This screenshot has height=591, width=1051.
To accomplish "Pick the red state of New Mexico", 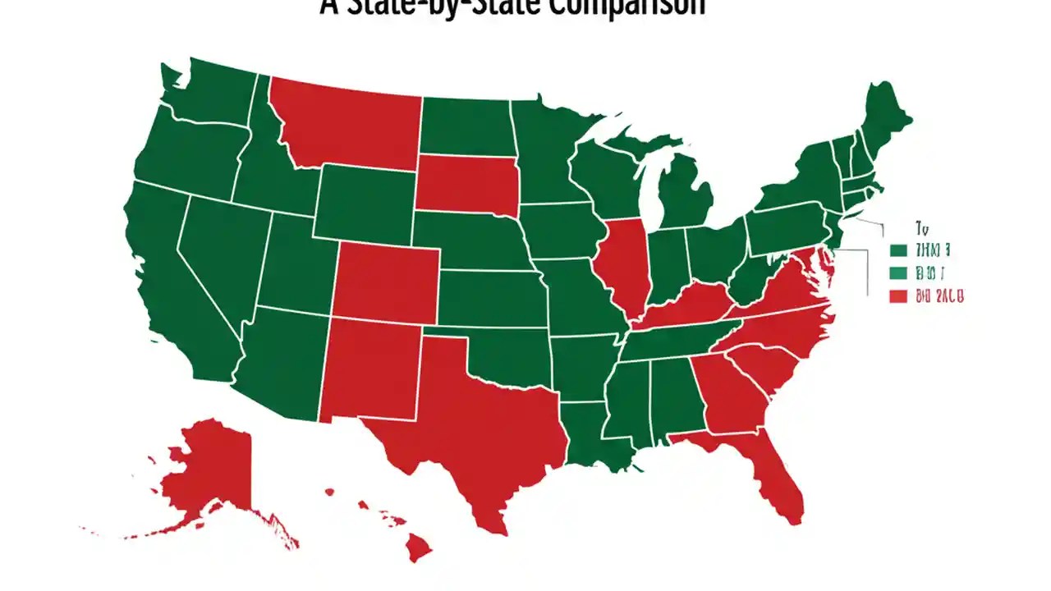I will [369, 369].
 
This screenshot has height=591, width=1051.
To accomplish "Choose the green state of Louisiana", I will [587, 439].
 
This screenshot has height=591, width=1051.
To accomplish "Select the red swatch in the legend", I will [897, 295].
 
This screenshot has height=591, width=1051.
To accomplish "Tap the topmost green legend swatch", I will [897, 250].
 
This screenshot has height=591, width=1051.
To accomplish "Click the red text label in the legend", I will [939, 295].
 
